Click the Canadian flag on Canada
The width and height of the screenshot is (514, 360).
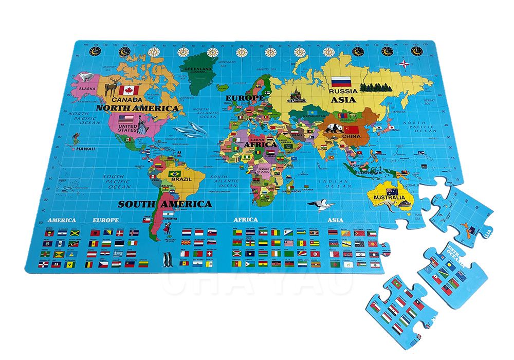(x=129, y=91)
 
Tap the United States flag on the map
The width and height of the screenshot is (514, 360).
(x=126, y=119)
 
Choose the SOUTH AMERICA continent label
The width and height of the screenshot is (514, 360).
(x=164, y=204)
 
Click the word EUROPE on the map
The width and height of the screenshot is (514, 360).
(x=244, y=97)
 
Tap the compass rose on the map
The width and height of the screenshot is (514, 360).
(x=406, y=64)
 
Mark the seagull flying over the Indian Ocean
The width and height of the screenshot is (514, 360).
(x=320, y=205)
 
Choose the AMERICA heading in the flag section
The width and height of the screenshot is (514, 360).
(x=61, y=220)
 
